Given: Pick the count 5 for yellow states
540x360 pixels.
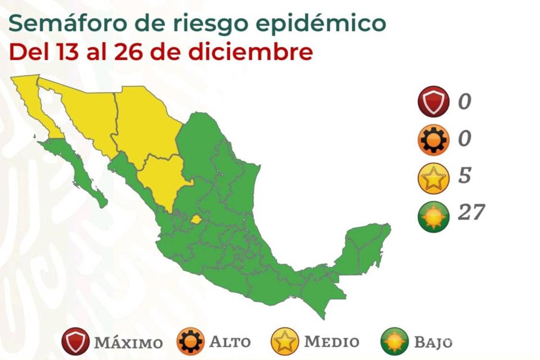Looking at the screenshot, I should tap(465, 175).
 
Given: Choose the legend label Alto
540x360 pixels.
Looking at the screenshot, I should tap(229, 342).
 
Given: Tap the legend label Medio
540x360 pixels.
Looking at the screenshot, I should tap(332, 342).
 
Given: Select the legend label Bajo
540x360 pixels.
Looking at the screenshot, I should tap(433, 342).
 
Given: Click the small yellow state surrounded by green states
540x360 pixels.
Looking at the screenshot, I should tap(196, 220).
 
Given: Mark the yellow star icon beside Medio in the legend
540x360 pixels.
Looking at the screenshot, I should tap(285, 342).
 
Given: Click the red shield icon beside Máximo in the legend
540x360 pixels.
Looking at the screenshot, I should tap(75, 342).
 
